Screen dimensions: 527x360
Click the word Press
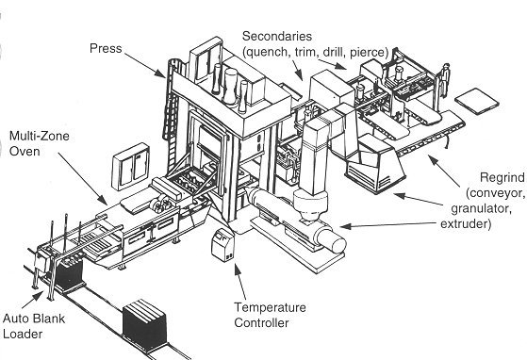pos(106,49)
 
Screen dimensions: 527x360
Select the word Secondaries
pos(277,36)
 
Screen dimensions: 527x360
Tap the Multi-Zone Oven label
pos(39,144)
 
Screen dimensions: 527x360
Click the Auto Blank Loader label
pos(33,326)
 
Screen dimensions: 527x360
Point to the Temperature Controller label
pos(270,315)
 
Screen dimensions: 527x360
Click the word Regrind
pos(502,178)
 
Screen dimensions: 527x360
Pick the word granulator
pos(481,209)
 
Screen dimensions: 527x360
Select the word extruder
pos(466,223)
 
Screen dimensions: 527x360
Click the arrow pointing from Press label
pos(144,65)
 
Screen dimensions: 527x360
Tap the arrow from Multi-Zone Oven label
pos(83,179)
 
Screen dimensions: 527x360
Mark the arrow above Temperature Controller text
pos(240,281)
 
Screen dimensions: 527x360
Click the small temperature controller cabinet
pos(222,244)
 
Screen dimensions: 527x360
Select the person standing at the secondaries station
pos(445,81)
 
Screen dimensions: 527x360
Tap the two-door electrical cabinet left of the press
pos(130,167)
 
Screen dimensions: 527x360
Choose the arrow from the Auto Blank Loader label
pos(33,300)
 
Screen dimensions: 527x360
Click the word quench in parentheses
pos(268,53)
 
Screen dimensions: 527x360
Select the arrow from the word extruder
pos(390,224)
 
